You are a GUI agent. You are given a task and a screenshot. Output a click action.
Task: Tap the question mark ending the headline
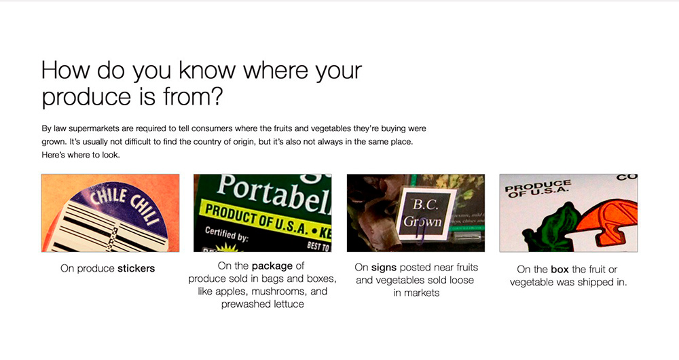click(216, 96)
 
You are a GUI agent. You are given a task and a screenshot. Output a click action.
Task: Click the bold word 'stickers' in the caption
click(136, 268)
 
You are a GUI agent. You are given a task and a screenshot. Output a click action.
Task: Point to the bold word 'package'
click(272, 266)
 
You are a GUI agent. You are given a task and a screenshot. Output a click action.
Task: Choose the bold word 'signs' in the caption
click(384, 268)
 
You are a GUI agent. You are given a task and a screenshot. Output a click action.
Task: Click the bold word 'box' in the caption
click(559, 270)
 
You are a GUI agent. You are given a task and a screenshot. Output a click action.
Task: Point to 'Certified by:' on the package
click(226, 234)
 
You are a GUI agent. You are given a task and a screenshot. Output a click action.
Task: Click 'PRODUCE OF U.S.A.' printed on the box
click(538, 189)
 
